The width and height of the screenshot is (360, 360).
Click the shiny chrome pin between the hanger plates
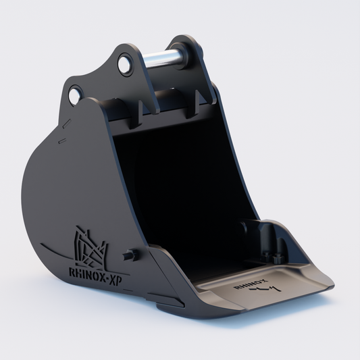pyautogui.click(x=162, y=58)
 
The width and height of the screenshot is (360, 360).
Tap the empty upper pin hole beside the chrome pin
pyautogui.click(x=125, y=63)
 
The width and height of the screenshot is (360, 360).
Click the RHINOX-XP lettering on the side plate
pyautogui.click(x=95, y=276)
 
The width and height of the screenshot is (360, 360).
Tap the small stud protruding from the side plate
pyautogui.click(x=130, y=255)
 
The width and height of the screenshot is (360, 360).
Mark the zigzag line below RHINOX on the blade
pyautogui.click(x=265, y=289)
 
